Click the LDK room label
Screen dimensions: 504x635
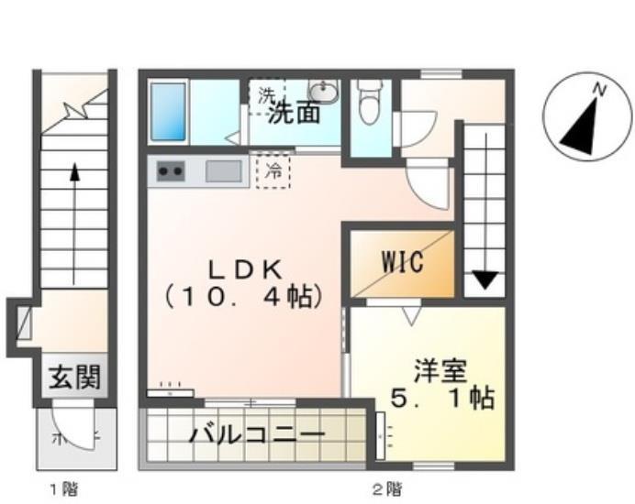click(x=243, y=268)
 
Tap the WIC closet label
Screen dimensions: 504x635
click(x=403, y=262)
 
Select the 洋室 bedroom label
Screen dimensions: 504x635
click(x=441, y=372)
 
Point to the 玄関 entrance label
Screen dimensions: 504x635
click(x=74, y=377)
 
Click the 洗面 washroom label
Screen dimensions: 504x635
click(x=295, y=114)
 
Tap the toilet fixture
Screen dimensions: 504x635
click(x=371, y=101)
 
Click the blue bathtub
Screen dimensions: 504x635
click(x=169, y=112)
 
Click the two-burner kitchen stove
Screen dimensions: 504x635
click(x=171, y=170)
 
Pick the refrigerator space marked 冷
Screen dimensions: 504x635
click(x=273, y=170)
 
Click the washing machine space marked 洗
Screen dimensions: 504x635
click(x=266, y=94)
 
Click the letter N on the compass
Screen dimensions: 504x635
click(x=598, y=90)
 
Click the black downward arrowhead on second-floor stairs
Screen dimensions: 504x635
click(x=485, y=279)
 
